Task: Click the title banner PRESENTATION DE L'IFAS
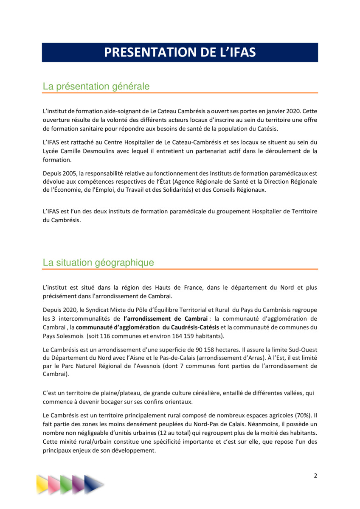[180, 53]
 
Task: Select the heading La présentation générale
[96, 87]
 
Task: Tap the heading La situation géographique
[98, 263]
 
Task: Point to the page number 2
[315, 476]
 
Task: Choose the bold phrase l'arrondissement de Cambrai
[166, 319]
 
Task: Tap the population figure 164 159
[170, 336]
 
